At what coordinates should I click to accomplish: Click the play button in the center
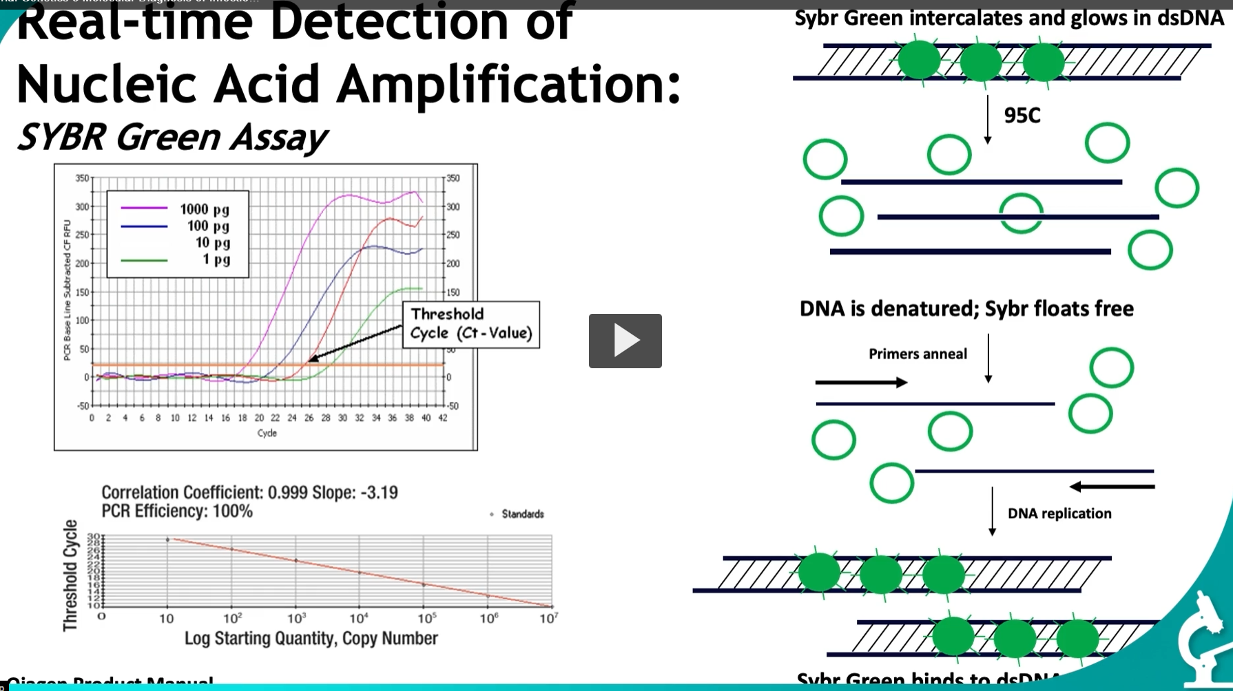tap(625, 341)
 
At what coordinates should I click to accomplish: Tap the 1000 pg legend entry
tap(204, 209)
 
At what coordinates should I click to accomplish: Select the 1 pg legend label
tap(216, 259)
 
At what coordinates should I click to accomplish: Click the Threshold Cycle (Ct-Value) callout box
tap(471, 324)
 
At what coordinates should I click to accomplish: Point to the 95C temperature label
tap(1022, 116)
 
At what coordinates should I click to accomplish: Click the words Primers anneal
tap(918, 354)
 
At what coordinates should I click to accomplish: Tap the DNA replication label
tap(1059, 513)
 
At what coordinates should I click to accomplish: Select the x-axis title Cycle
tap(267, 433)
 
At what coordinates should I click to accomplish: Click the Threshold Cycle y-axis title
tap(70, 575)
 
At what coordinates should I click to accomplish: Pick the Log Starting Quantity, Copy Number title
tap(311, 639)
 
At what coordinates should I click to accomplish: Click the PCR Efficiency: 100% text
tap(177, 511)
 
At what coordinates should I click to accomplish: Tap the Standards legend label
tap(522, 514)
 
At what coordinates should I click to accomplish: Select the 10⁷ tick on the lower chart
tap(548, 619)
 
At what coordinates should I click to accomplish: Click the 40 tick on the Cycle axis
tap(426, 418)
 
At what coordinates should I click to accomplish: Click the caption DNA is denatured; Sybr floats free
tap(966, 308)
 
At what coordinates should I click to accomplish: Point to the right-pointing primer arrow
tap(861, 382)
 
